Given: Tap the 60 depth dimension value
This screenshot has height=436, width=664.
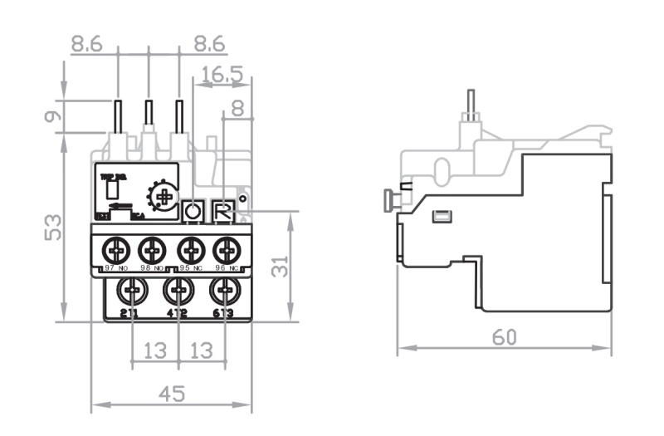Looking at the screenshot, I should click(505, 338).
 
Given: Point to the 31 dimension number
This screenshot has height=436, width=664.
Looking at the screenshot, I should click(281, 266).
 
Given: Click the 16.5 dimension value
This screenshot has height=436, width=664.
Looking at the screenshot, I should click(221, 75).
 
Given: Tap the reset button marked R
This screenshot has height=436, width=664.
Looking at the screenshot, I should click(222, 211).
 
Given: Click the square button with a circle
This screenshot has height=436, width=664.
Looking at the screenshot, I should click(193, 211).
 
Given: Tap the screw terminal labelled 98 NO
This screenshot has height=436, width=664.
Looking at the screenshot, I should click(152, 248).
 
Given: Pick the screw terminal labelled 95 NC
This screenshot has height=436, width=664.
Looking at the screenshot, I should click(191, 248).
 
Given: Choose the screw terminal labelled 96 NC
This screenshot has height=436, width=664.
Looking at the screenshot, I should click(226, 248).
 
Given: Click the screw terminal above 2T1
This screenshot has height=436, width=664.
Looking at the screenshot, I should click(131, 291).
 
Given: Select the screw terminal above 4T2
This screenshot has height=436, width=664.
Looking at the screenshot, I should click(178, 291).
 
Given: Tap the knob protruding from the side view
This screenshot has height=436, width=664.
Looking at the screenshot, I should click(387, 199).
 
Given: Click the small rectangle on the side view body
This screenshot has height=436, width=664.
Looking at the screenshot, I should click(443, 217).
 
